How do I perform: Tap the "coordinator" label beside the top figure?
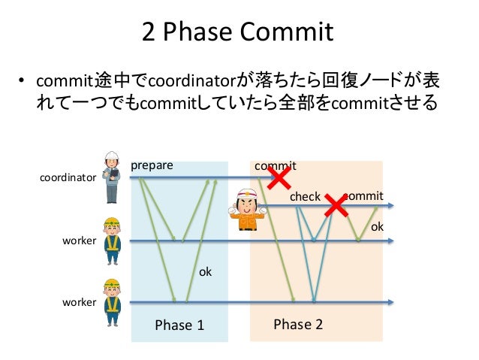pyautogui.click(x=68, y=178)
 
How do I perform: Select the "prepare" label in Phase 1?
pyautogui.click(x=152, y=165)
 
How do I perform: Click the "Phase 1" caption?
pyautogui.click(x=179, y=325)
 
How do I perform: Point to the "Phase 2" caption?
pyautogui.click(x=298, y=324)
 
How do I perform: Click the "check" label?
pyautogui.click(x=305, y=197)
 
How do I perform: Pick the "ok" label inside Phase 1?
pyautogui.click(x=205, y=271)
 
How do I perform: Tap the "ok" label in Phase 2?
pyautogui.click(x=378, y=225)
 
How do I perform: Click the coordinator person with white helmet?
pyautogui.click(x=111, y=177)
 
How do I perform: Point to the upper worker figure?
pyautogui.click(x=112, y=241)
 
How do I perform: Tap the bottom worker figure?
pyautogui.click(x=112, y=301)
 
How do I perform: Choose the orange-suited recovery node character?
pyautogui.click(x=246, y=210)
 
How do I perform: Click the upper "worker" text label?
pyautogui.click(x=79, y=241)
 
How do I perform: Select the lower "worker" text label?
pyautogui.click(x=79, y=302)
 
